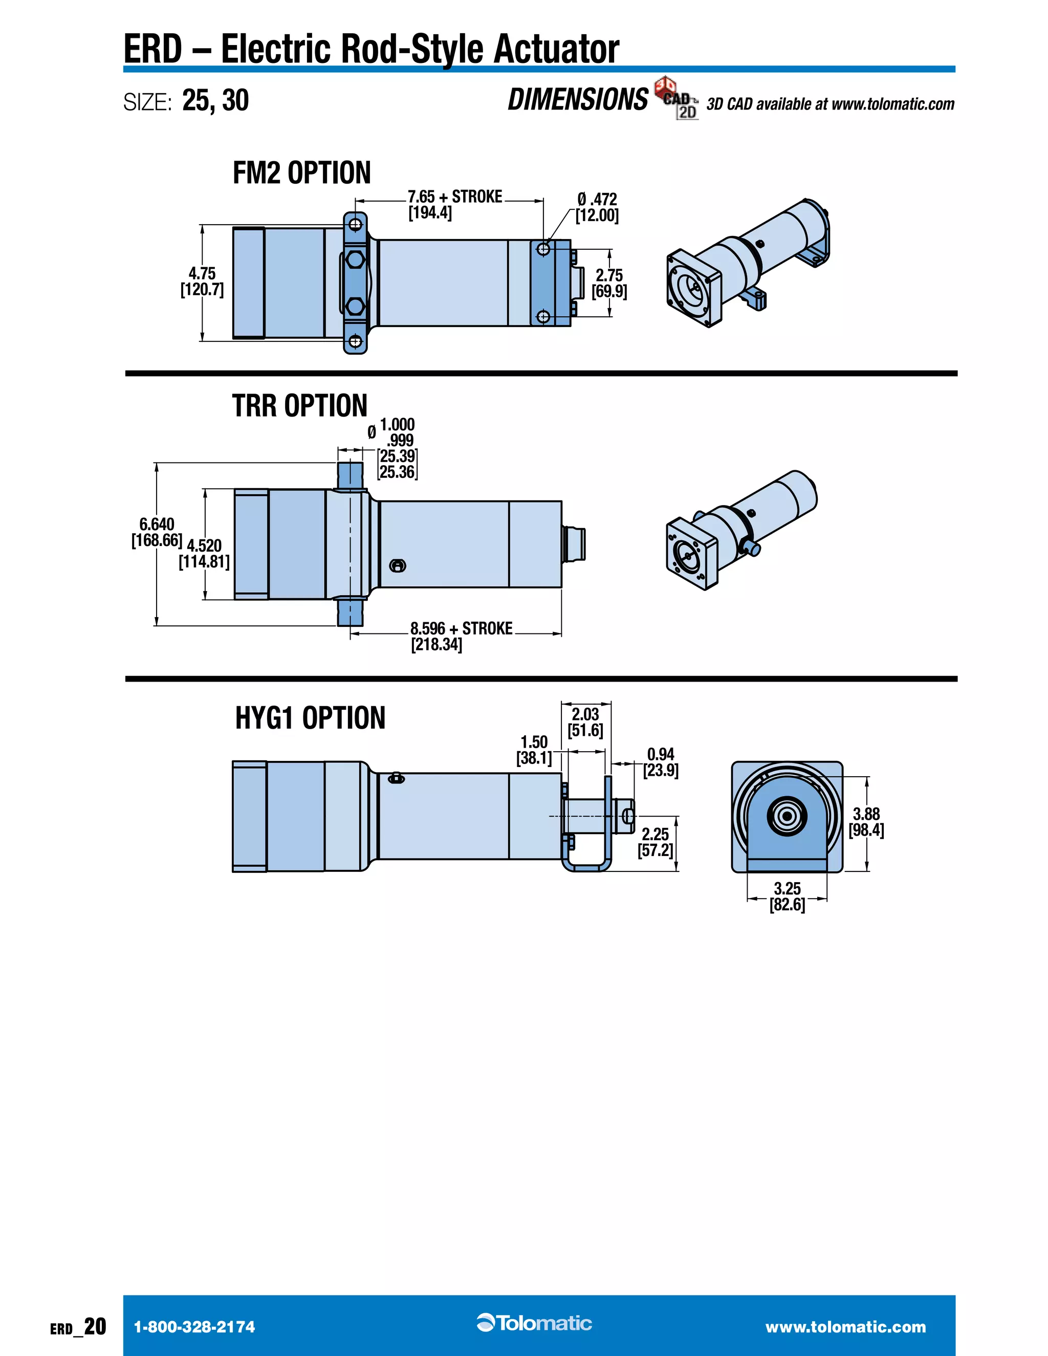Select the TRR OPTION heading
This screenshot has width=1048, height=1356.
(299, 406)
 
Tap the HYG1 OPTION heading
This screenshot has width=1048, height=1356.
(310, 718)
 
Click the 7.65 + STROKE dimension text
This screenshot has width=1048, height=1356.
(454, 198)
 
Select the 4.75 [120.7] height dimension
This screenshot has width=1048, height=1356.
(202, 282)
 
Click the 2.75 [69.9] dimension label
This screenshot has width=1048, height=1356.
(609, 283)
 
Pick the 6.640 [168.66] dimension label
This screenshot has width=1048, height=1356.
(157, 532)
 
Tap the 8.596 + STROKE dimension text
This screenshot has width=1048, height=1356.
(461, 629)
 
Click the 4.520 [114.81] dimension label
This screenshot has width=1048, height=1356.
(204, 554)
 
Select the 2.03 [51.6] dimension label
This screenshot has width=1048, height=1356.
(585, 722)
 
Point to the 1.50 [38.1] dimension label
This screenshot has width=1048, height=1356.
(534, 750)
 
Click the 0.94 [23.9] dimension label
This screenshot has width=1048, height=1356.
(660, 762)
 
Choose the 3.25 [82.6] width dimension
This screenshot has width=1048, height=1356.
(787, 896)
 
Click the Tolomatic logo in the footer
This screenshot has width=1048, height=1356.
(535, 1323)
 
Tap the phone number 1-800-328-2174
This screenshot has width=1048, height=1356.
(194, 1327)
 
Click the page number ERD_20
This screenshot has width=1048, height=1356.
(78, 1327)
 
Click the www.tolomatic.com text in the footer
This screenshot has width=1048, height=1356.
(845, 1327)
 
